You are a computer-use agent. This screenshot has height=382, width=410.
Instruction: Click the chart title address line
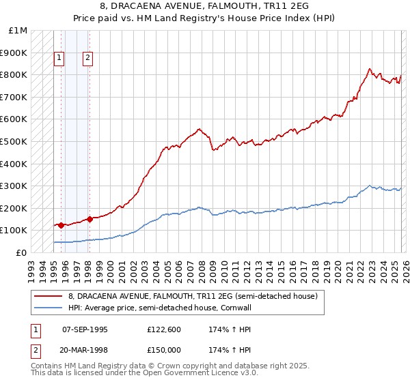[204, 6]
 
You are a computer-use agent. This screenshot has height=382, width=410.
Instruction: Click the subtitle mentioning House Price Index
[204, 18]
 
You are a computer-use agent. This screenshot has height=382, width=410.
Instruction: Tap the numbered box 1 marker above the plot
[59, 59]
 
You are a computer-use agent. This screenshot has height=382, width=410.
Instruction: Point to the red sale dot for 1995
[61, 225]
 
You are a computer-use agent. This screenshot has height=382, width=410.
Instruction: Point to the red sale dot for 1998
[90, 219]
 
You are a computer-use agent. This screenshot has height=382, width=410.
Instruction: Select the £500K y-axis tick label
[14, 141]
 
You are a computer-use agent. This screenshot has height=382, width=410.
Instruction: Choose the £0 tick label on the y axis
[21, 252]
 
